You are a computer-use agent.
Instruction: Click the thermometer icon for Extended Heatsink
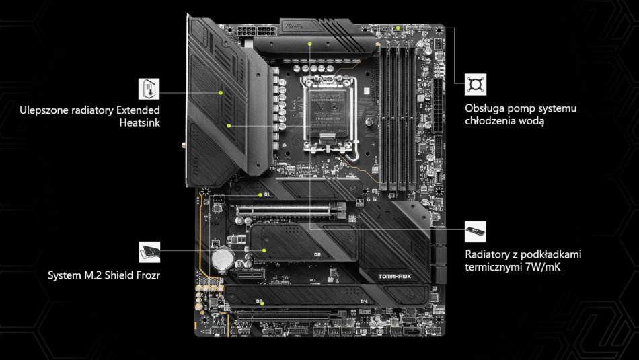(x=149, y=89)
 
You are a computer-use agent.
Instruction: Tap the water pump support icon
(x=475, y=85)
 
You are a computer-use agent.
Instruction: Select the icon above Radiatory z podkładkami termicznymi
(x=475, y=231)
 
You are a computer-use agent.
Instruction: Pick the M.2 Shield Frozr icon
(x=149, y=252)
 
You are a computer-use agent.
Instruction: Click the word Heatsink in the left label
(x=139, y=122)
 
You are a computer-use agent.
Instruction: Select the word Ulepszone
(x=44, y=110)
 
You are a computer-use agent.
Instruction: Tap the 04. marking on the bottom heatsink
(x=364, y=301)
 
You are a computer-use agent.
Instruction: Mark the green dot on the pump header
(x=398, y=28)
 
